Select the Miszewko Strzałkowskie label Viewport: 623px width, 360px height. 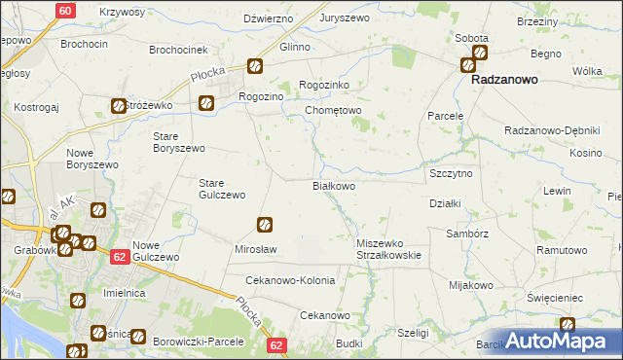click(388, 249)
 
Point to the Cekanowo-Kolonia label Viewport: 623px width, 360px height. click(290, 280)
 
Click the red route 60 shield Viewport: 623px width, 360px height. click(64, 11)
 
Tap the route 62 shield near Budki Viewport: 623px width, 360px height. click(278, 345)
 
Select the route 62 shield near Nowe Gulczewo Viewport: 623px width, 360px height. click(119, 257)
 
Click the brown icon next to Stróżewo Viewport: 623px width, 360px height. click(119, 106)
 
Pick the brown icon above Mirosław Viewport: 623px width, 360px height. click(263, 225)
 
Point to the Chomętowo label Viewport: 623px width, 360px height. click(334, 111)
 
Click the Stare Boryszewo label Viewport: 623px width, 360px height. click(179, 141)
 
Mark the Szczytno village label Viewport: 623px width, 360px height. click(451, 172)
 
